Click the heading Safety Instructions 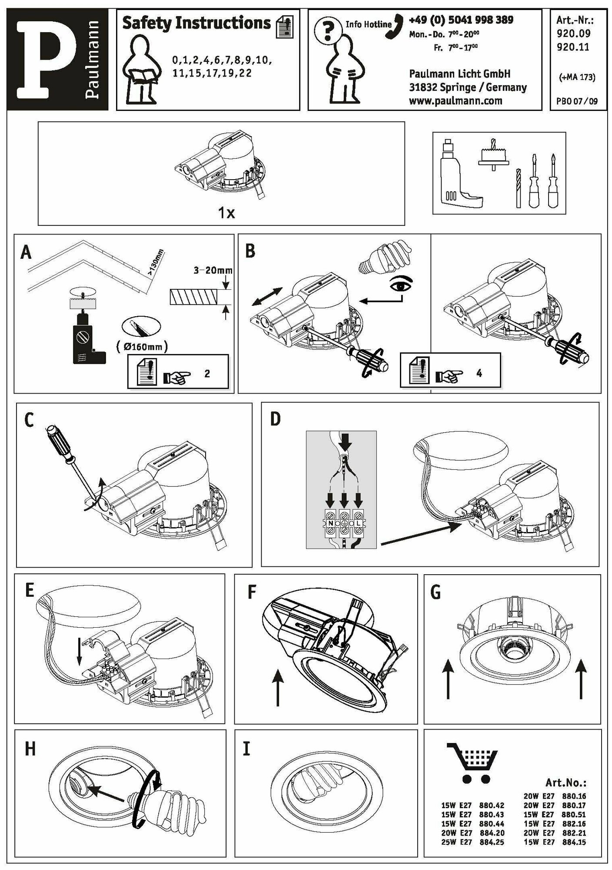click(196, 23)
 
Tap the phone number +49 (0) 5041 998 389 click(461, 20)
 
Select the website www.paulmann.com click(456, 101)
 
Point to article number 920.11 click(572, 47)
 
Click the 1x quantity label click(226, 213)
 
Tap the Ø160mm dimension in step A click(142, 347)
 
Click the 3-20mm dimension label click(213, 270)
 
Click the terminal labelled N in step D click(331, 524)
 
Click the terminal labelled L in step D click(358, 524)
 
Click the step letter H click(30, 750)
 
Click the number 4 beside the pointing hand click(479, 373)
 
